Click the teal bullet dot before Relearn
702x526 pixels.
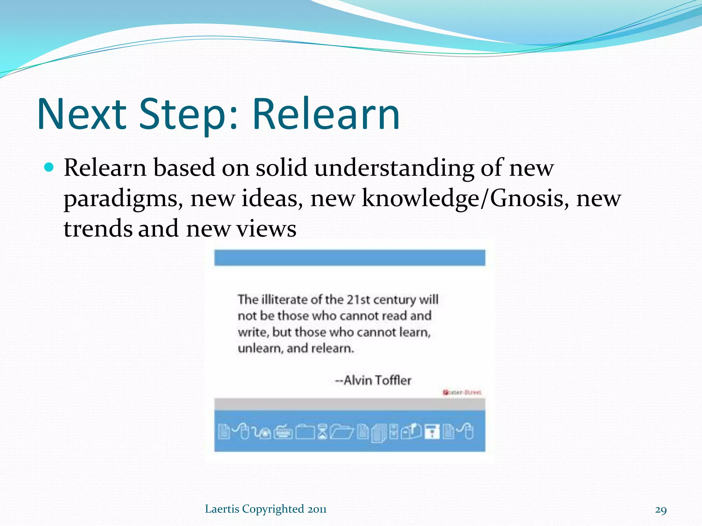click(x=49, y=167)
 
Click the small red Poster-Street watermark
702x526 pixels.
click(x=462, y=392)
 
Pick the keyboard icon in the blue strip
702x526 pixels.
click(x=283, y=432)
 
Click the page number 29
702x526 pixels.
click(x=661, y=510)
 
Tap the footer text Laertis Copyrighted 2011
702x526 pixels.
click(x=266, y=509)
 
